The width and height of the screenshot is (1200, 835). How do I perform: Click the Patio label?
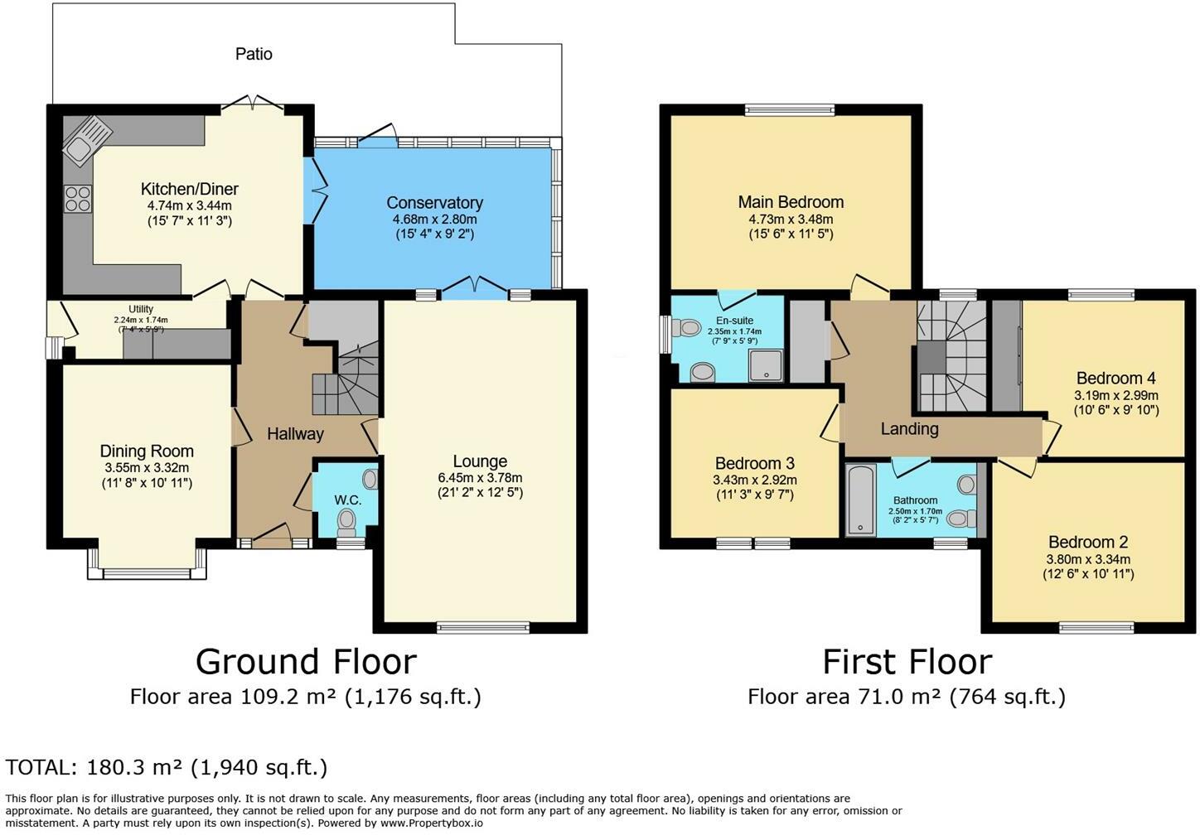point(254,54)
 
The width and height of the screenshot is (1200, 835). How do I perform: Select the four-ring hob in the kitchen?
point(78,199)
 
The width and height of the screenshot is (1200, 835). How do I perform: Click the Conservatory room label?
point(434,203)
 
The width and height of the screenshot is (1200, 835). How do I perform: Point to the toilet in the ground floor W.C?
point(346,522)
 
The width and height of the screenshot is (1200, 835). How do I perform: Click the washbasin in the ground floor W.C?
point(370,480)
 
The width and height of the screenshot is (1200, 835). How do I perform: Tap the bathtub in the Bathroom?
point(861,500)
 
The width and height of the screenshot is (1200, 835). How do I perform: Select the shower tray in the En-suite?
point(766,366)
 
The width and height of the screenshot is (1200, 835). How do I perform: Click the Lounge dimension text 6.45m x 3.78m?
point(480,478)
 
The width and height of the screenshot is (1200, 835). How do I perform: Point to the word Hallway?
point(295,434)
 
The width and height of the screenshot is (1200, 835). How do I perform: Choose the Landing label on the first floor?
point(910,428)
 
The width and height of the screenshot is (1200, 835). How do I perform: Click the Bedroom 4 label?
point(1116,378)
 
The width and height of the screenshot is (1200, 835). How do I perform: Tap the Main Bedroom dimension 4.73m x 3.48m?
point(791,219)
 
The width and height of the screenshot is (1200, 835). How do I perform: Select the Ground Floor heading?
point(306,662)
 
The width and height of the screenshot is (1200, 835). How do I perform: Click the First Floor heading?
point(907,662)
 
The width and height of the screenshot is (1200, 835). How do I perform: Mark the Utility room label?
point(141,309)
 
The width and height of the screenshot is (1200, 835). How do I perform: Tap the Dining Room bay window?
point(147,565)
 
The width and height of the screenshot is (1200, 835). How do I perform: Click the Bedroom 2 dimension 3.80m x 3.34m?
point(1088,560)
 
